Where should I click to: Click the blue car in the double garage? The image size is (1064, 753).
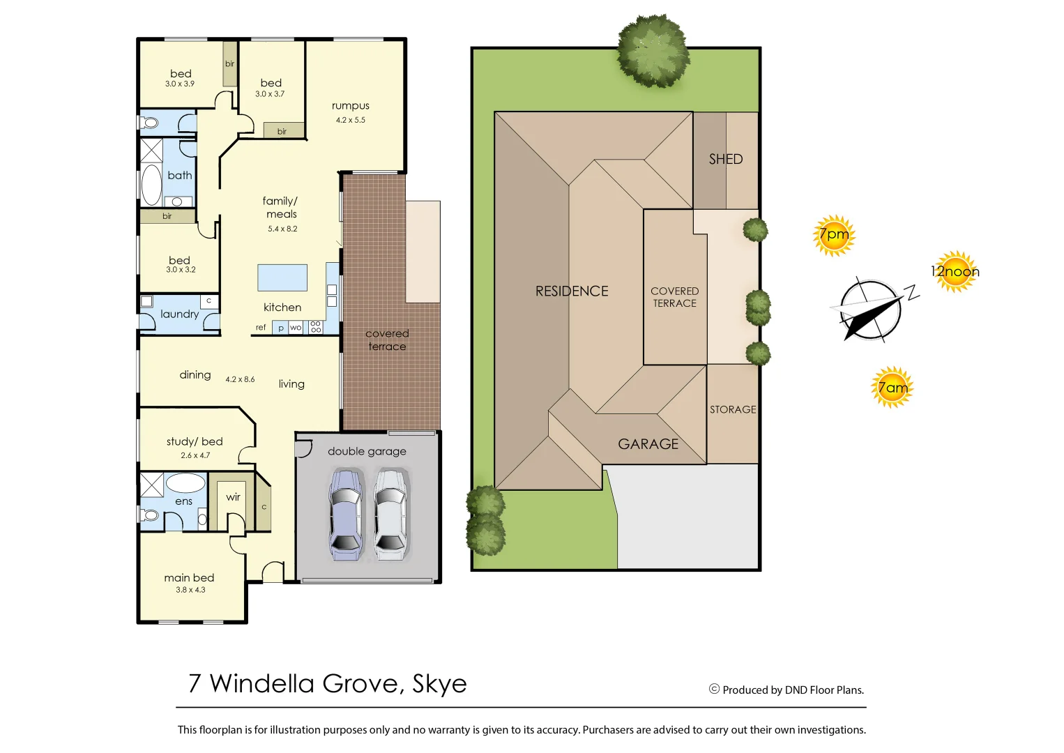pyautogui.click(x=346, y=515)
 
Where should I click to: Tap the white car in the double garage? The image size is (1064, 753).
pyautogui.click(x=390, y=515)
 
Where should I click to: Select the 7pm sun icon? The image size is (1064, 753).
pyautogui.click(x=834, y=236)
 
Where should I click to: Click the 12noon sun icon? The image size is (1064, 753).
pyautogui.click(x=955, y=271)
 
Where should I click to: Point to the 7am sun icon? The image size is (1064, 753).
pyautogui.click(x=892, y=387)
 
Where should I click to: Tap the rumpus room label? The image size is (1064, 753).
pyautogui.click(x=351, y=106)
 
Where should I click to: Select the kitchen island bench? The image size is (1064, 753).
pyautogui.click(x=282, y=277)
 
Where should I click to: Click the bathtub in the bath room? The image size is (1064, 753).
pyautogui.click(x=151, y=185)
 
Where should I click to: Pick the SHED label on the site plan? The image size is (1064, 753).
pyautogui.click(x=726, y=159)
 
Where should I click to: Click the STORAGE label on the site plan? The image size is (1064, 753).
pyautogui.click(x=733, y=409)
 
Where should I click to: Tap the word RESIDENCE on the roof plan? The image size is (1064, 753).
pyautogui.click(x=572, y=291)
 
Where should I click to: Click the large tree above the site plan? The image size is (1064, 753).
pyautogui.click(x=653, y=50)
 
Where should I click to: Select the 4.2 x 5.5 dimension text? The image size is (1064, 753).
pyautogui.click(x=351, y=120)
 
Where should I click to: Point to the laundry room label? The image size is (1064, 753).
pyautogui.click(x=179, y=314)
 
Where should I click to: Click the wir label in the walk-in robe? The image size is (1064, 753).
pyautogui.click(x=233, y=497)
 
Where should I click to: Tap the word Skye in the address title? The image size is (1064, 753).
pyautogui.click(x=439, y=683)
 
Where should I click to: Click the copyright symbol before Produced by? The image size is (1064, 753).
pyautogui.click(x=714, y=689)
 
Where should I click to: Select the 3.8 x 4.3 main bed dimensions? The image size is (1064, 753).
pyautogui.click(x=190, y=590)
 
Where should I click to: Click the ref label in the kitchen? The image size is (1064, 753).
pyautogui.click(x=261, y=327)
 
